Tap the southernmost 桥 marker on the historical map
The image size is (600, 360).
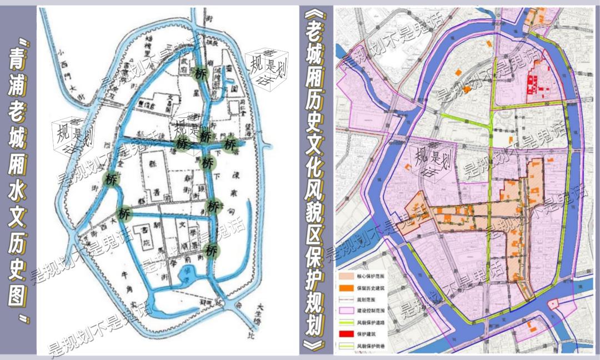tap(210, 250)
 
